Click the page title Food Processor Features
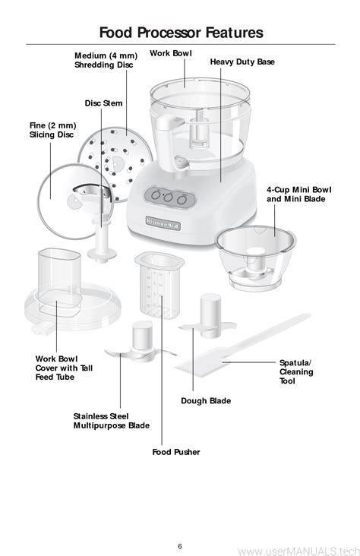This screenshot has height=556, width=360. tap(181, 32)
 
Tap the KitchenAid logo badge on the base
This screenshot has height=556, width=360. tap(163, 223)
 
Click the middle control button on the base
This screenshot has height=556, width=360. tap(169, 197)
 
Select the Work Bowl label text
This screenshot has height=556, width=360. tap(171, 53)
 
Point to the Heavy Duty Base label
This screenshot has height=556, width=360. tap(242, 62)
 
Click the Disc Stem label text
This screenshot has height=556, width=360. tap(103, 103)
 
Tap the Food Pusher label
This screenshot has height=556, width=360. tap(176, 452)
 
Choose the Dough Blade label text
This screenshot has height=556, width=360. tap(206, 401)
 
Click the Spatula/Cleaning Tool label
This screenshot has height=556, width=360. tap(296, 371)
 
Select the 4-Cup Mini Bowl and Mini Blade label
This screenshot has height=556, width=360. tap(299, 194)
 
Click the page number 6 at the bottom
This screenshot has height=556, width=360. tap(180, 546)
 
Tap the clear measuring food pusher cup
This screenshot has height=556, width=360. tap(159, 284)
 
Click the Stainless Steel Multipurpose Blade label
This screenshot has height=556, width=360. tap(112, 421)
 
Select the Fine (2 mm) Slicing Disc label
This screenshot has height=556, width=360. tap(52, 130)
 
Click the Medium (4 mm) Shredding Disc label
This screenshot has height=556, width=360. tap(106, 60)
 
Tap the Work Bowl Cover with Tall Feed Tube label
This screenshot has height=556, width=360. tap(64, 368)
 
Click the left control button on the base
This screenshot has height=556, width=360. tap(156, 195)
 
